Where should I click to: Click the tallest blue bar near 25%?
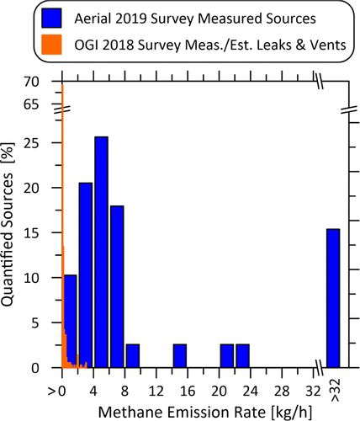point(101,253)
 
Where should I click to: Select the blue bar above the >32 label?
point(333,298)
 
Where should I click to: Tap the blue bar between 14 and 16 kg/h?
point(180,356)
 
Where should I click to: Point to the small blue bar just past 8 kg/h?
point(133,356)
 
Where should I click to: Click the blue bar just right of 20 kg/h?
point(227,356)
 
